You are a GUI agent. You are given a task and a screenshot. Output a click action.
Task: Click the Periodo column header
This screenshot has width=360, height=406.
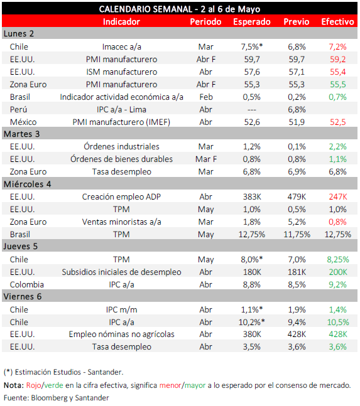coord(205,22)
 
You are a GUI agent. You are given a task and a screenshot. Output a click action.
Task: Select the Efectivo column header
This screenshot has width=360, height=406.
coord(337,22)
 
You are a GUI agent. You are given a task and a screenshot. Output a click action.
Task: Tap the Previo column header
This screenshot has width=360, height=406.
coord(297,22)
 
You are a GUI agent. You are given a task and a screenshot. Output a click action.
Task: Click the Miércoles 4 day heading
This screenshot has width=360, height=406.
coord(28,184)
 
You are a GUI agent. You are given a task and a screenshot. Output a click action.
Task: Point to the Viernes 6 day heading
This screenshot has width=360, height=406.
coord(23,296)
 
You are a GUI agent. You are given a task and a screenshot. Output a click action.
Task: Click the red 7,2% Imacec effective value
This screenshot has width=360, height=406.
coord(337,47)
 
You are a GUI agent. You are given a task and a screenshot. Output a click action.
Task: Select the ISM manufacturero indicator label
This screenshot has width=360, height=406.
coord(121,72)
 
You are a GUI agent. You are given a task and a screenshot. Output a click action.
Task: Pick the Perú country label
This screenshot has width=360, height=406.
coord(18,110)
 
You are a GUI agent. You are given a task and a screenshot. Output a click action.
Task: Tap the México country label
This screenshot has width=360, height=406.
coord(23,122)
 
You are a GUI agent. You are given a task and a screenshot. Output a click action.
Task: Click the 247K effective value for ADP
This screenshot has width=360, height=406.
coord(338,197)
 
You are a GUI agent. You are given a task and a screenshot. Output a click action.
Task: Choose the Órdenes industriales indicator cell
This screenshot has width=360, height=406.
coord(121,147)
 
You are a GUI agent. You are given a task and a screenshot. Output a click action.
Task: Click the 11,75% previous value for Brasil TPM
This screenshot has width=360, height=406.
coord(297,235)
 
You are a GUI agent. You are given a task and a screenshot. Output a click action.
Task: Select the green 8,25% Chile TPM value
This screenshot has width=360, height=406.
coord(338,259)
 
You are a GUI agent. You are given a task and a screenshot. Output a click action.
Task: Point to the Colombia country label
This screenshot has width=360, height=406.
coord(26,284)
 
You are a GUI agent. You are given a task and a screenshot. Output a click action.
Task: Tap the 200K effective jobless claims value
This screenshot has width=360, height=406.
coord(338,272)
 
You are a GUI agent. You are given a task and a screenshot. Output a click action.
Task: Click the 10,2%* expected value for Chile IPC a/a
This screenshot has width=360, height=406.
coord(252,323)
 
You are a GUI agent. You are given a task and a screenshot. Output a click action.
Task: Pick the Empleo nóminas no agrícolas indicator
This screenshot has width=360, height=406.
coord(121,334)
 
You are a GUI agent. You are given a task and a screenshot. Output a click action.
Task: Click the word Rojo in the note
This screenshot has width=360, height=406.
coord(33,385)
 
